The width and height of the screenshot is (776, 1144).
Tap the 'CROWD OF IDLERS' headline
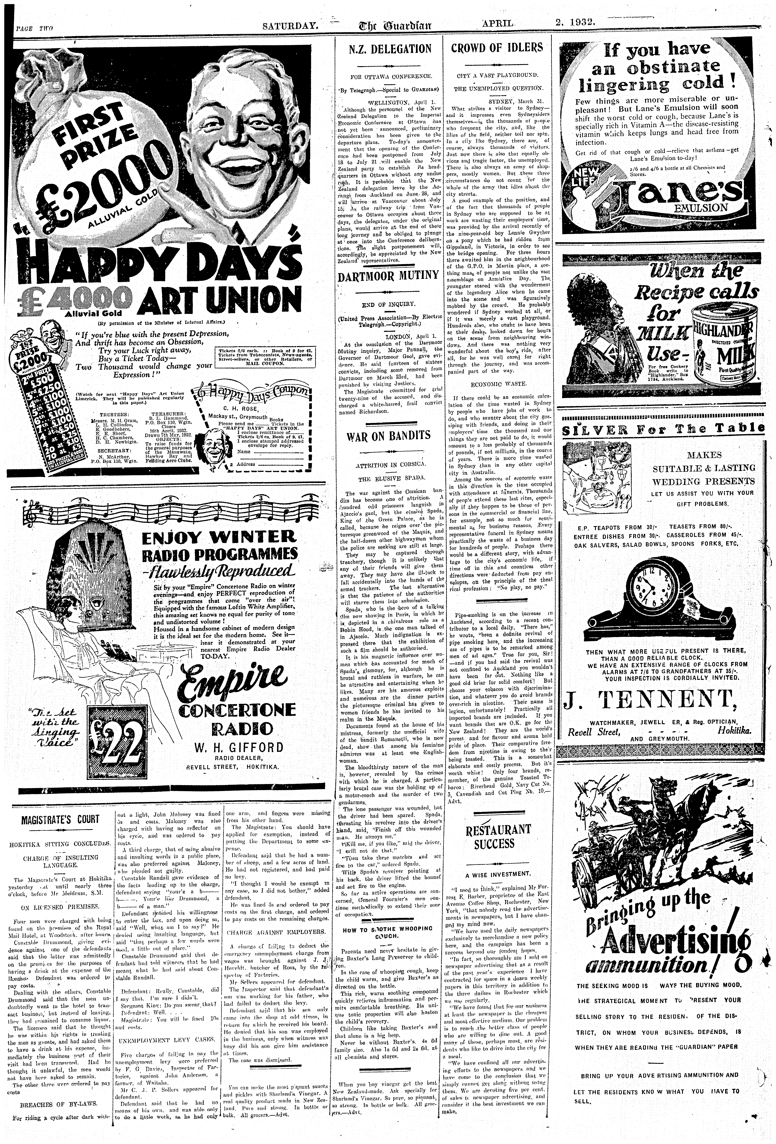[x=497, y=48]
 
